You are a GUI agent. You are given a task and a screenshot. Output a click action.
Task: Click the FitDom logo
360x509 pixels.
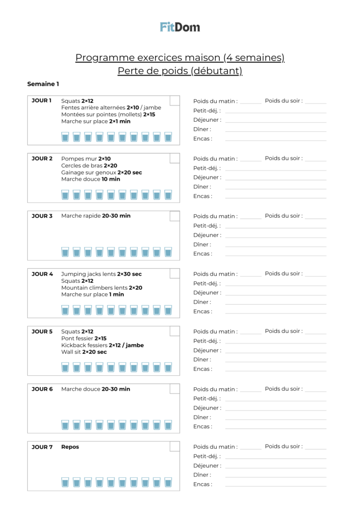(x=180, y=27)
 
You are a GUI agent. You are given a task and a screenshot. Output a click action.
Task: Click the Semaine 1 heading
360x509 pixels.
(x=43, y=84)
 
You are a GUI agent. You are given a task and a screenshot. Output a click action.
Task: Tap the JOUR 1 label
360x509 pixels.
(x=42, y=100)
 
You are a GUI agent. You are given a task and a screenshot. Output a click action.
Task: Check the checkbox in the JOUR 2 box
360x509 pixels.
(x=175, y=158)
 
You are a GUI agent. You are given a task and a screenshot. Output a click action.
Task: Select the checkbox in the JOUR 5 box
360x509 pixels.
(x=175, y=331)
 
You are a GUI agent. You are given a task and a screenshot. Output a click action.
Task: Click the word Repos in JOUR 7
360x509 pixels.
(x=70, y=447)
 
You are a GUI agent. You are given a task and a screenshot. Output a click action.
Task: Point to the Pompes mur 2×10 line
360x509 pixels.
(x=86, y=159)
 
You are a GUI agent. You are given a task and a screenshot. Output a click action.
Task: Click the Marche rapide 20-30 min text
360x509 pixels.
(x=96, y=216)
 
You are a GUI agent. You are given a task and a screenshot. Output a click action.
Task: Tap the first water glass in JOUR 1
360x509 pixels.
(x=65, y=137)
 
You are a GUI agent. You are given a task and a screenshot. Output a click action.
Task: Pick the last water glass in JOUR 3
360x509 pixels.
(x=168, y=252)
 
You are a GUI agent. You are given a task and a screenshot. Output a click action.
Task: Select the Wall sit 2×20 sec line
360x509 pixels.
(x=84, y=352)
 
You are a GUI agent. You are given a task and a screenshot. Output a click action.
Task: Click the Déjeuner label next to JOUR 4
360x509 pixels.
(x=207, y=293)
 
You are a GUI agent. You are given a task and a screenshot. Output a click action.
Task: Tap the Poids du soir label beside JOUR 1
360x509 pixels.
(x=283, y=100)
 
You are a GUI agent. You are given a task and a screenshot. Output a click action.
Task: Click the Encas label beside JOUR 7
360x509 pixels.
(x=202, y=484)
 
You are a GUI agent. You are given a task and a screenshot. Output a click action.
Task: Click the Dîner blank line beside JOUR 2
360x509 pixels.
(x=275, y=188)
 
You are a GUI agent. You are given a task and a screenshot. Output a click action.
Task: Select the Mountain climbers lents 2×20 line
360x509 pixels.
(x=102, y=288)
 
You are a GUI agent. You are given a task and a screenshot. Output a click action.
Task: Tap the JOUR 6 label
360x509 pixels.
(x=42, y=389)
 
